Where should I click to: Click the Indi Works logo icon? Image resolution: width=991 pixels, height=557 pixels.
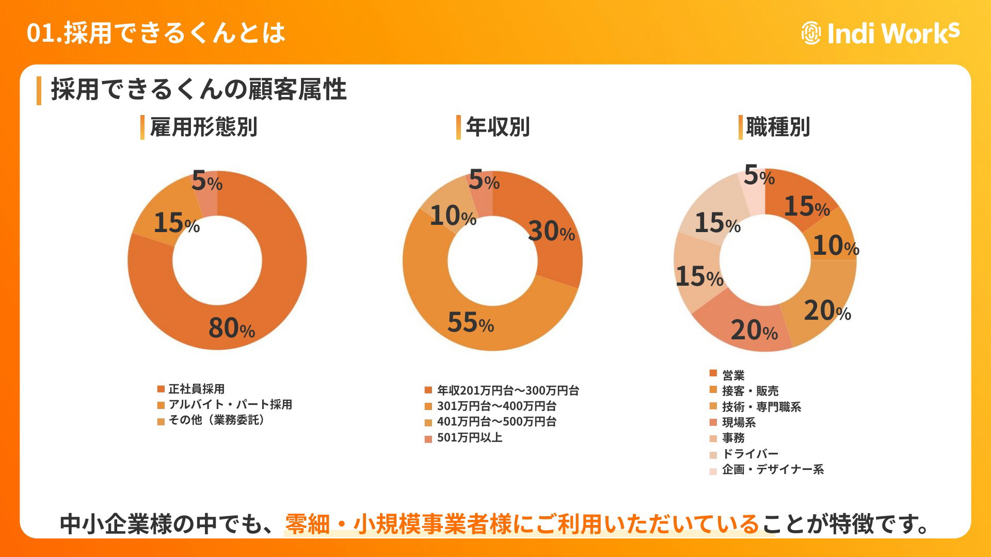(x=811, y=33)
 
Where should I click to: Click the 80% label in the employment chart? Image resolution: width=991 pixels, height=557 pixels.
(x=232, y=328)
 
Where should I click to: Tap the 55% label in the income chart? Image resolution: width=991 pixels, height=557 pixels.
(x=470, y=322)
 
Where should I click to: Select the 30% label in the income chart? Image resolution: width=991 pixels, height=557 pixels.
(x=551, y=231)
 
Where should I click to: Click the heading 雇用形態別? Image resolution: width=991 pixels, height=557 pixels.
(x=203, y=127)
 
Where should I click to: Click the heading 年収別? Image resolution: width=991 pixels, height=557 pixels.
(x=498, y=127)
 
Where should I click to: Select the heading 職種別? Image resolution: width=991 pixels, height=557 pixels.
(x=778, y=127)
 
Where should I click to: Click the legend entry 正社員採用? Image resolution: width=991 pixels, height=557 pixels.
(x=196, y=389)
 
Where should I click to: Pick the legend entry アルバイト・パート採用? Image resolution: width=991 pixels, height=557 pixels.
(x=230, y=404)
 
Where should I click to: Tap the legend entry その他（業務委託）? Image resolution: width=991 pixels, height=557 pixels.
(x=217, y=420)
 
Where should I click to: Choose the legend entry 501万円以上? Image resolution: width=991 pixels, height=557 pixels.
(x=470, y=438)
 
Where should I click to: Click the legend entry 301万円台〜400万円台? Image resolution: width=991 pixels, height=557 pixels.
(x=497, y=406)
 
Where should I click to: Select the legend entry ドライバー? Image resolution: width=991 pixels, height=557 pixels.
(x=750, y=454)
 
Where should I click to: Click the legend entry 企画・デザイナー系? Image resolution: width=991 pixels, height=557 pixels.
(x=773, y=470)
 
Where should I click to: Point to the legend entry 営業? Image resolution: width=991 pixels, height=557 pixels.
(x=733, y=375)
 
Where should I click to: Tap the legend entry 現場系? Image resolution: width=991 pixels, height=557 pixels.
(x=739, y=423)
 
